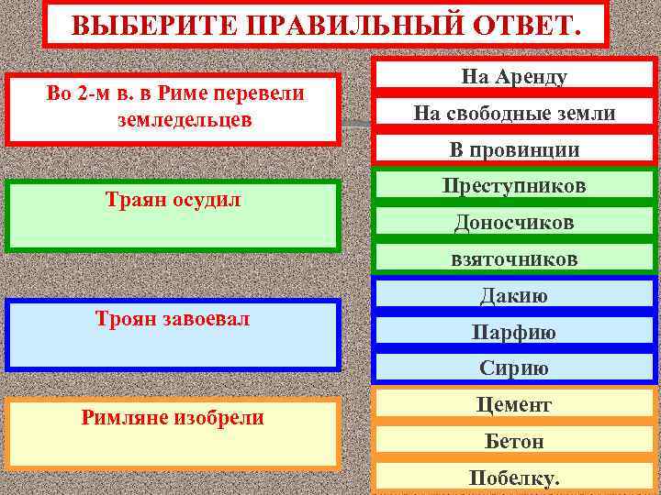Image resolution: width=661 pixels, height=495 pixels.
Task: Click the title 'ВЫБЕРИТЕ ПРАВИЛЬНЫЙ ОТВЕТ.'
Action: (326, 23)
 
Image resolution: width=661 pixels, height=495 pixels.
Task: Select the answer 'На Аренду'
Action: (514, 77)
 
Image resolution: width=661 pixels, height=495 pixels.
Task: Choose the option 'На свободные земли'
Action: (514, 114)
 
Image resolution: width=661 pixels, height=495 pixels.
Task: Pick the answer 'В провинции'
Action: (514, 149)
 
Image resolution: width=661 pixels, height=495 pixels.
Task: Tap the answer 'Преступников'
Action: (514, 186)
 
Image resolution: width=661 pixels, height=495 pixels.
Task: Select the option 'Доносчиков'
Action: (514, 223)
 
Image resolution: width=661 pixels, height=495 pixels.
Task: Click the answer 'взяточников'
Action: (514, 259)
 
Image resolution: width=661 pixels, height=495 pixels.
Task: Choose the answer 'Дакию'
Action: (514, 295)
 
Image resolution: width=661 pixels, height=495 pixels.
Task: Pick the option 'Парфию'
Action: (514, 332)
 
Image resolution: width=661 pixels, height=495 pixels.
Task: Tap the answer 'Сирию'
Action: (514, 368)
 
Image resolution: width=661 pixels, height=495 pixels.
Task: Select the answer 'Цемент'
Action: (514, 404)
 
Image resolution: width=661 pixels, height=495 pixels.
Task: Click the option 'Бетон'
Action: (514, 441)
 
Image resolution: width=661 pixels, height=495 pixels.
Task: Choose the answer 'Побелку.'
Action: (514, 478)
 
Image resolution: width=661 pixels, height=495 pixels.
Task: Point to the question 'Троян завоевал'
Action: (173, 318)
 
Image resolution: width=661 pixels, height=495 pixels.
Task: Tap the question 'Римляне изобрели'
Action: (173, 419)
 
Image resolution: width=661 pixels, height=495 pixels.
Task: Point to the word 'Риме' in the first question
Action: (188, 94)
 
